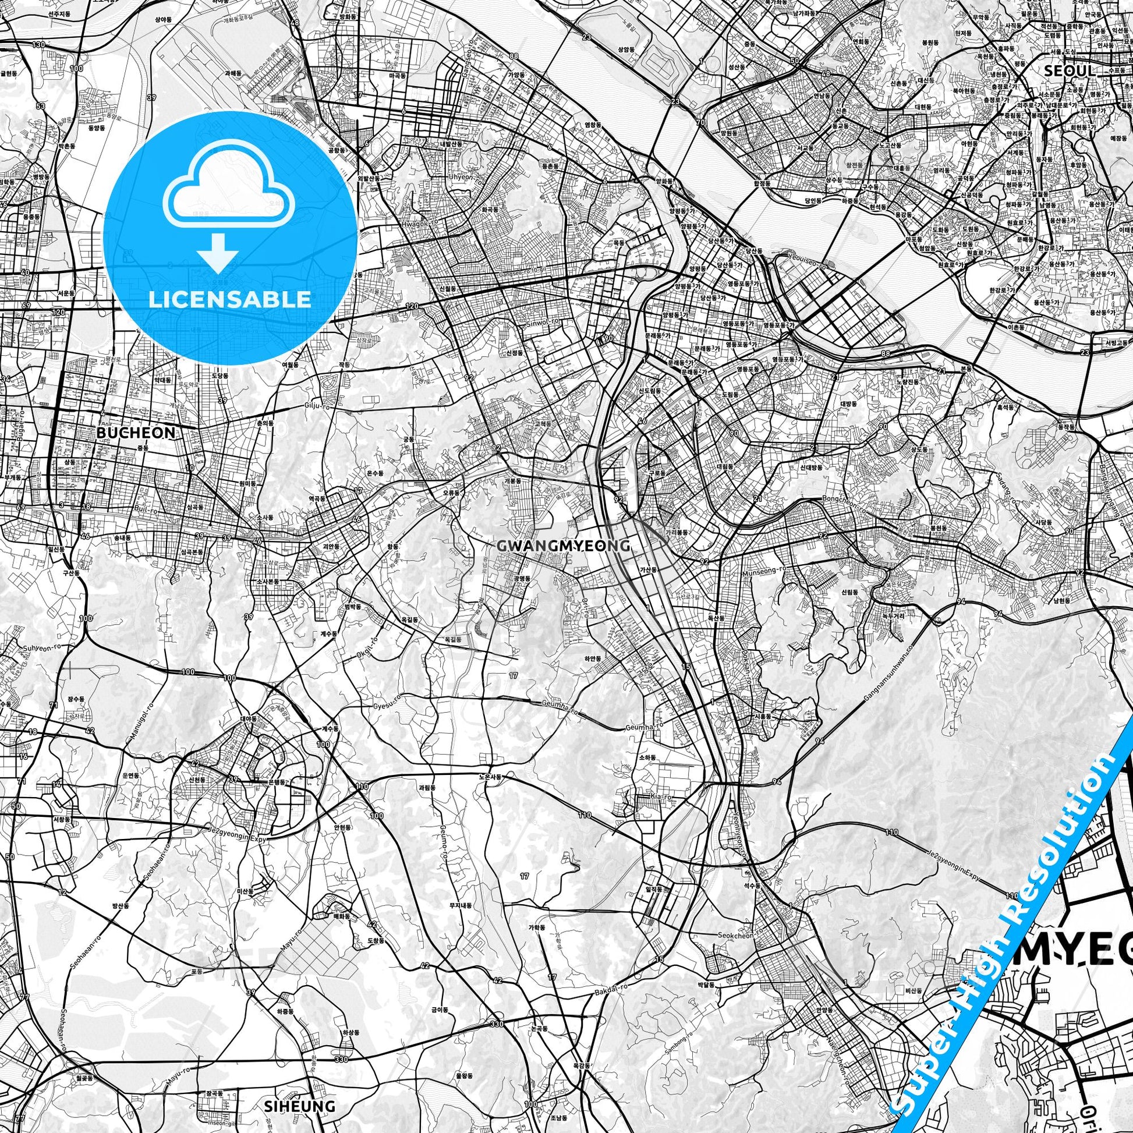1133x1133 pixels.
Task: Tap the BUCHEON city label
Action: point(136,433)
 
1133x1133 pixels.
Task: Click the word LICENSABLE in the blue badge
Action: point(230,299)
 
